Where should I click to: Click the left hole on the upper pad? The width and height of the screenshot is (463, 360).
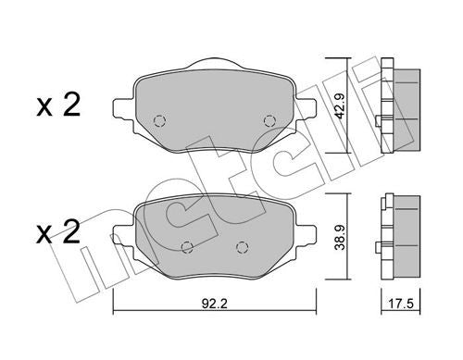point(158,120)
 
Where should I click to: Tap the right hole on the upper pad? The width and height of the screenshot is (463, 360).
point(269,120)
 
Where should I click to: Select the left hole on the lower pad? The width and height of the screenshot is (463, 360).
point(187,246)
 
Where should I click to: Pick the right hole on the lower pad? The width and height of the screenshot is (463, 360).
point(243,246)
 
